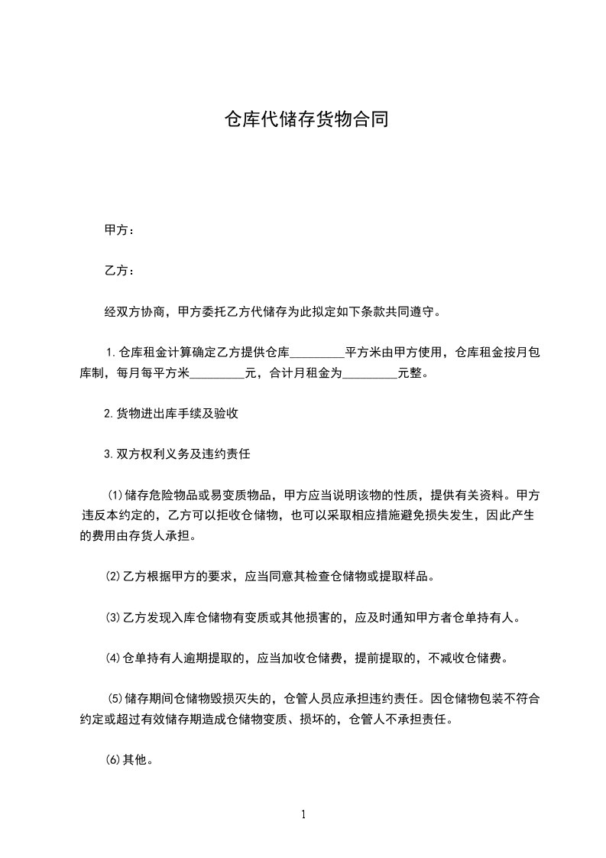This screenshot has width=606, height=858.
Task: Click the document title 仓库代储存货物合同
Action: click(303, 119)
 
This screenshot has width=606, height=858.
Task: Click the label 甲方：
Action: click(119, 230)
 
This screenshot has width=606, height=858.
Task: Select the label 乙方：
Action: click(119, 271)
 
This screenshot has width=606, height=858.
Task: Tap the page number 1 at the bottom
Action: click(303, 814)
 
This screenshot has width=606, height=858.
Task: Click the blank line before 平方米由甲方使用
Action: click(318, 353)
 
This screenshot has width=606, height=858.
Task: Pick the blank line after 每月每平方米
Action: click(216, 374)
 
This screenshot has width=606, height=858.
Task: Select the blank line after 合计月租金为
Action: click(370, 374)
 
